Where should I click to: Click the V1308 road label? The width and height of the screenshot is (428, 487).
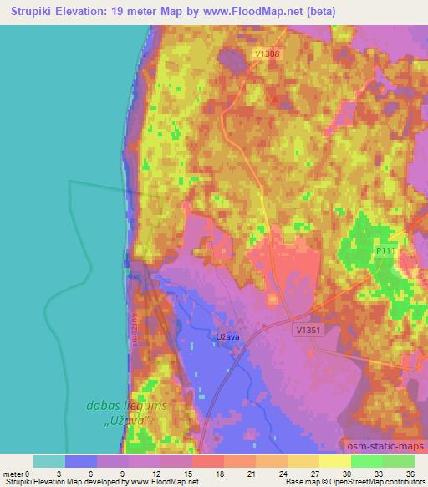pyautogui.click(x=266, y=54)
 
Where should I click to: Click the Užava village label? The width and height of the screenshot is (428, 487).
pyautogui.click(x=228, y=339)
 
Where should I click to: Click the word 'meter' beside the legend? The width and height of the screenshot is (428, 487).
pyautogui.click(x=13, y=474)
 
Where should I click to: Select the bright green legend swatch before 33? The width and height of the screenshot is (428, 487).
pyautogui.click(x=366, y=461)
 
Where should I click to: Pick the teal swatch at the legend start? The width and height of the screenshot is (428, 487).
pyautogui.click(x=49, y=461)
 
